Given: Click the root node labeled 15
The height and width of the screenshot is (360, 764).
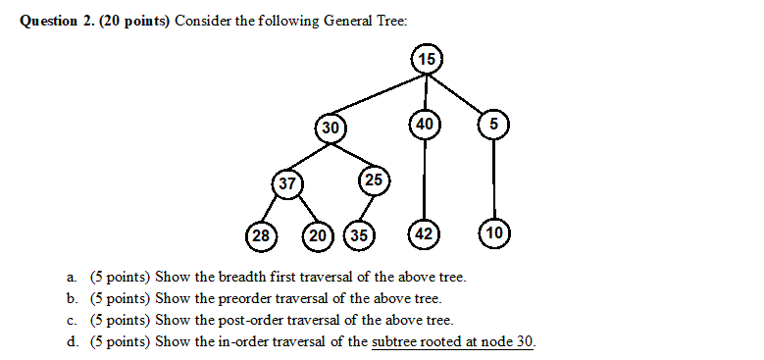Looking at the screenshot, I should (426, 60).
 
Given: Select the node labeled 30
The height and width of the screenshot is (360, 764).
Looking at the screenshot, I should (331, 128).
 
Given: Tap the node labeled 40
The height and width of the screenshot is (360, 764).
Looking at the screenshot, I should (425, 124).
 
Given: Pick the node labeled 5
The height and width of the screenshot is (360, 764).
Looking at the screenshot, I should (493, 124).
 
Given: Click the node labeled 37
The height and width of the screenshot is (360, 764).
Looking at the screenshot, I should (286, 183).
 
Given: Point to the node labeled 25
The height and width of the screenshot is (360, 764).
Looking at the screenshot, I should (374, 180).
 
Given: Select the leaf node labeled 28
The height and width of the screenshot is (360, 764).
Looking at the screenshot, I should (260, 235).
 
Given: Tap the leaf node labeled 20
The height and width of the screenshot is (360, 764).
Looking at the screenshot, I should (318, 235).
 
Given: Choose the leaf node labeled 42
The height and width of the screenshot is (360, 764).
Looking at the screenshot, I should (424, 234).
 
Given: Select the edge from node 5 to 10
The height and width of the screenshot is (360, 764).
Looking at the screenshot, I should (493, 179).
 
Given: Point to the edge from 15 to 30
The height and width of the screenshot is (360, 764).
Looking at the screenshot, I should (378, 93).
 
